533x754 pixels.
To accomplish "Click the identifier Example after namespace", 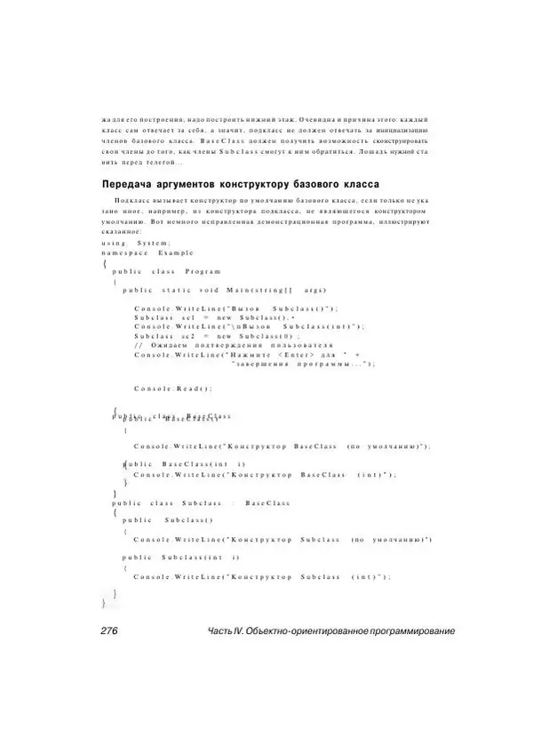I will [x=178, y=253].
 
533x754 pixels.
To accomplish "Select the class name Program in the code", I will [x=203, y=270].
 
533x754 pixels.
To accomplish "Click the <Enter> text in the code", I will [x=307, y=355].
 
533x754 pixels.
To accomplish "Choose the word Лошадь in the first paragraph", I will [x=368, y=152].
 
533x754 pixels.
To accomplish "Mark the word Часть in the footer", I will [x=219, y=630].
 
